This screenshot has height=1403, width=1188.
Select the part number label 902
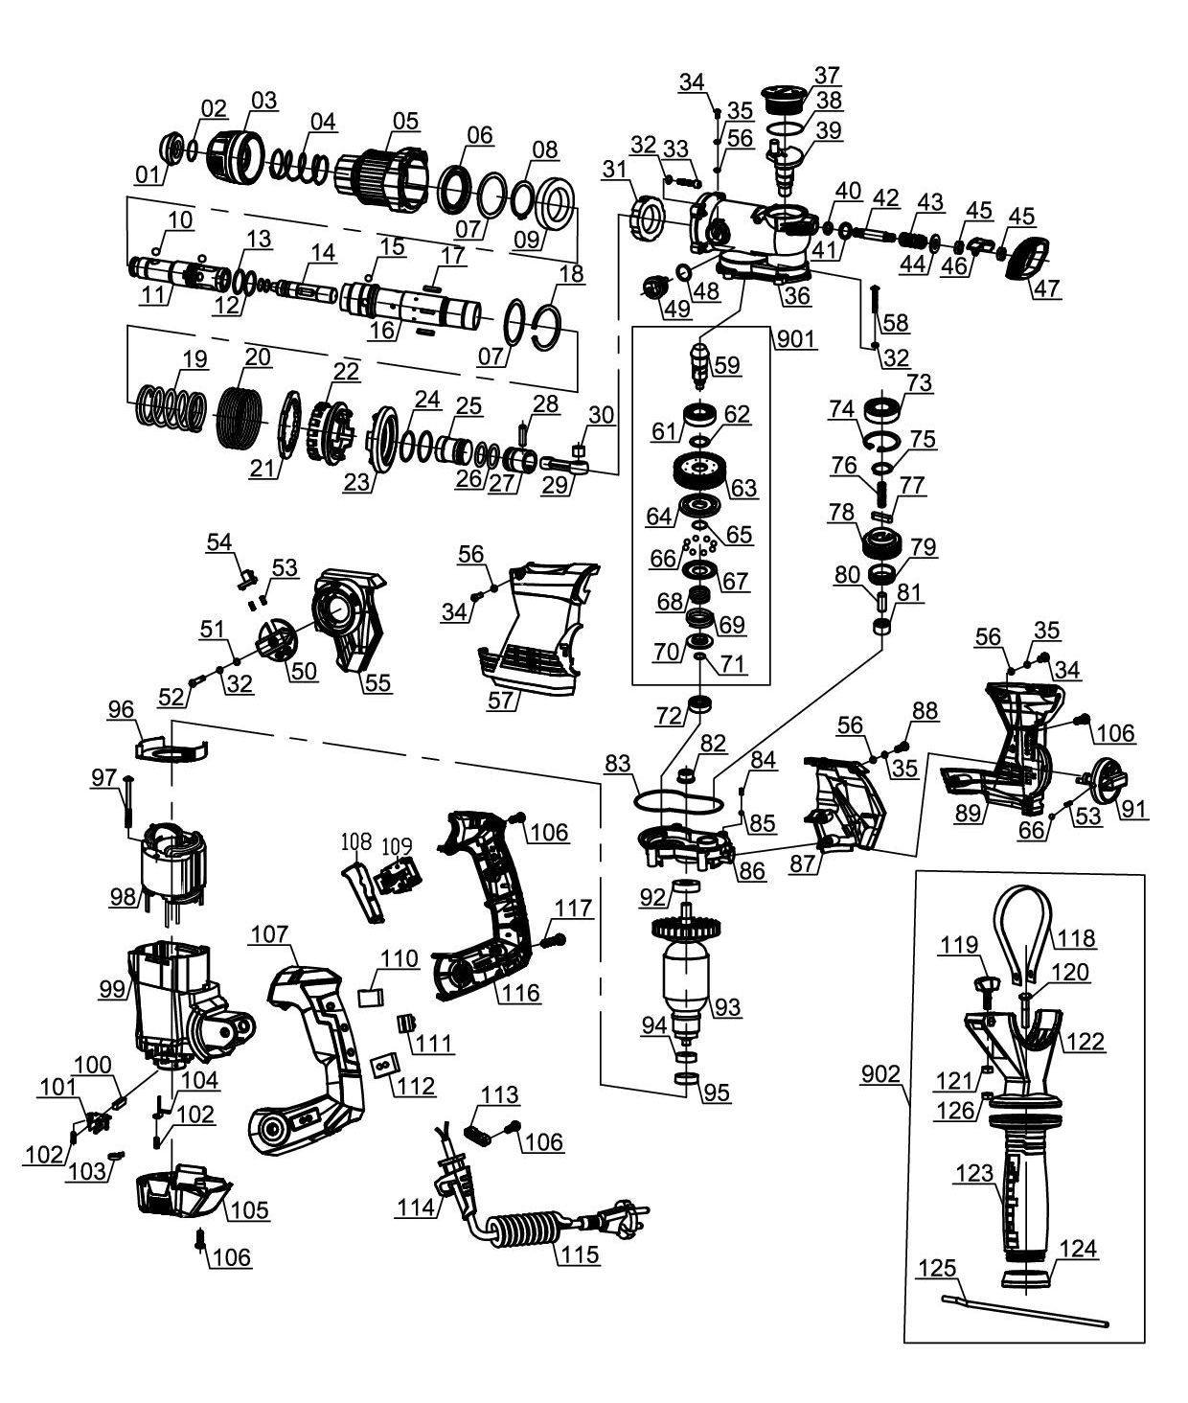(879, 1073)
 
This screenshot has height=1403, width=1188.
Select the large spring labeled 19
(171, 406)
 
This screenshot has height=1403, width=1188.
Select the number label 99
(114, 988)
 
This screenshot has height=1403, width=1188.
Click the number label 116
(518, 992)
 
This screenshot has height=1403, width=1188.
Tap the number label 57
(501, 699)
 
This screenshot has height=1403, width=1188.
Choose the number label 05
(405, 121)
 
